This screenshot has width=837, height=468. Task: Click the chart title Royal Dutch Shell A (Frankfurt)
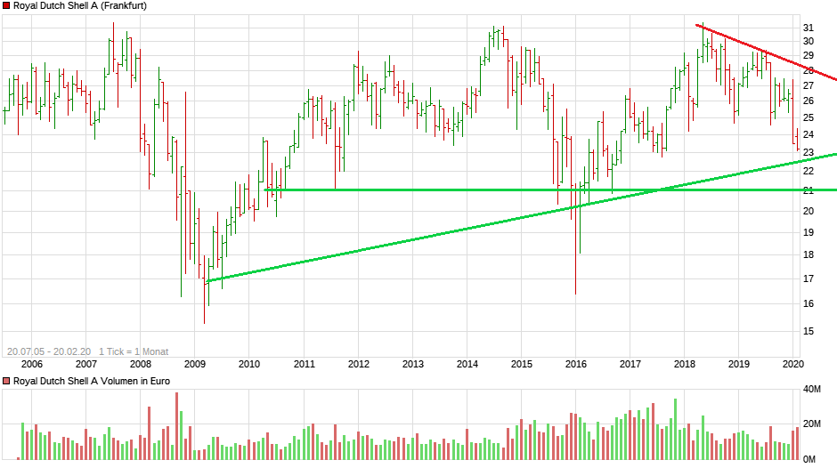80,5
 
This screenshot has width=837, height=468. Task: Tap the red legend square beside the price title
6,5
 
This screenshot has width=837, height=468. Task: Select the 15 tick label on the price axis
809,331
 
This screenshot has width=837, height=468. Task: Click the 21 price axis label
809,190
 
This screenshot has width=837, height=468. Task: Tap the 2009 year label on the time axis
194,363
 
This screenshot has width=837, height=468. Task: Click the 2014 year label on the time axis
467,363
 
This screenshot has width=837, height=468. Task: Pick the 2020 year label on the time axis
792,363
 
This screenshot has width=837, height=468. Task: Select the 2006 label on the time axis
31,363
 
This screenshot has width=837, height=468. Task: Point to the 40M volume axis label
811,390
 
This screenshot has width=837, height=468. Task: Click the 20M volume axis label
811,424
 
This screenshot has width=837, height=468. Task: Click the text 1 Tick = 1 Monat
134,351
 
